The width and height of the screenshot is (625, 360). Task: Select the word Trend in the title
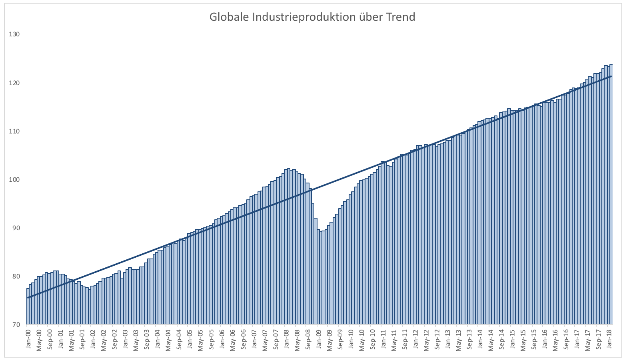[x=400, y=17]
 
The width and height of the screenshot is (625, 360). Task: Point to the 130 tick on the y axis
[x=15, y=34]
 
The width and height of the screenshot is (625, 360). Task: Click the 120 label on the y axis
[x=15, y=83]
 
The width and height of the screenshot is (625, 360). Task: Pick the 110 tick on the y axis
[x=15, y=131]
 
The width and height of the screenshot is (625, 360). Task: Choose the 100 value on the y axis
[x=15, y=179]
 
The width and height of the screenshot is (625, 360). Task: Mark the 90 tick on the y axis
[x=16, y=228]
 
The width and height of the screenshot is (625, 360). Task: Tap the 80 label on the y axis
[x=16, y=276]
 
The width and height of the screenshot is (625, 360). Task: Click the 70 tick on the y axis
[x=16, y=324]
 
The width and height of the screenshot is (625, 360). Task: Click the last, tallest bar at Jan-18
[x=611, y=200]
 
